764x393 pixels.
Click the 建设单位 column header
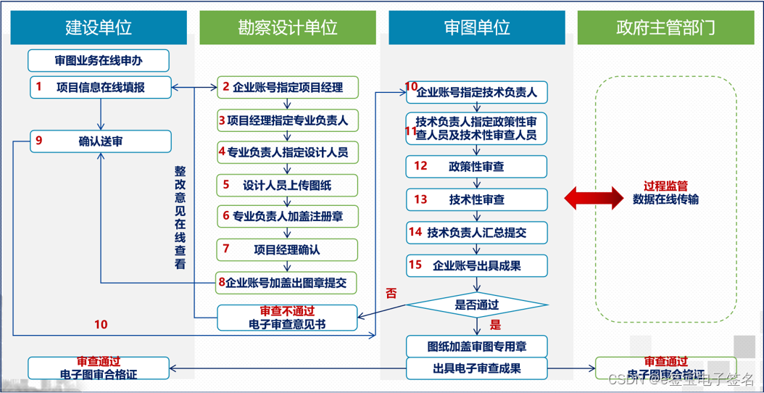pyautogui.click(x=98, y=28)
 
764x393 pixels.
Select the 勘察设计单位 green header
pyautogui.click(x=287, y=28)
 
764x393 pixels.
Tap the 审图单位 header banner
pyautogui.click(x=476, y=28)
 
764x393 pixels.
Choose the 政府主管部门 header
pyautogui.click(x=665, y=28)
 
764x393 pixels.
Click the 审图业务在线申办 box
pyautogui.click(x=99, y=60)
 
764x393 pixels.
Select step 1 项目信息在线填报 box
pyautogui.click(x=101, y=87)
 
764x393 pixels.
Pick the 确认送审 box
pyautogui.click(x=101, y=141)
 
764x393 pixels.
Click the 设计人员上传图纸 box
pyautogui.click(x=287, y=185)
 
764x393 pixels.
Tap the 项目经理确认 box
pyautogui.click(x=287, y=249)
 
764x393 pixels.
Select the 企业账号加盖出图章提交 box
pyautogui.click(x=287, y=282)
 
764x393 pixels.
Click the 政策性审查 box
pyautogui.click(x=476, y=166)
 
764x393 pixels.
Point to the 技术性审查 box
pyautogui.click(x=476, y=199)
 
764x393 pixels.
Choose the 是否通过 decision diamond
pyautogui.click(x=476, y=305)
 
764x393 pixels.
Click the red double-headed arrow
pyautogui.click(x=594, y=198)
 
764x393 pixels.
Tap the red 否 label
pyautogui.click(x=391, y=294)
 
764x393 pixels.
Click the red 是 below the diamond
pyautogui.click(x=496, y=325)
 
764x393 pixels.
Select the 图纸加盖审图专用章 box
pyautogui.click(x=476, y=346)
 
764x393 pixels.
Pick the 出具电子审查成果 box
pyautogui.click(x=476, y=368)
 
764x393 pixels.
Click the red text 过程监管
pyautogui.click(x=665, y=186)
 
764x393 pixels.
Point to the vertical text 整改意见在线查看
pyautogui.click(x=180, y=218)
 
